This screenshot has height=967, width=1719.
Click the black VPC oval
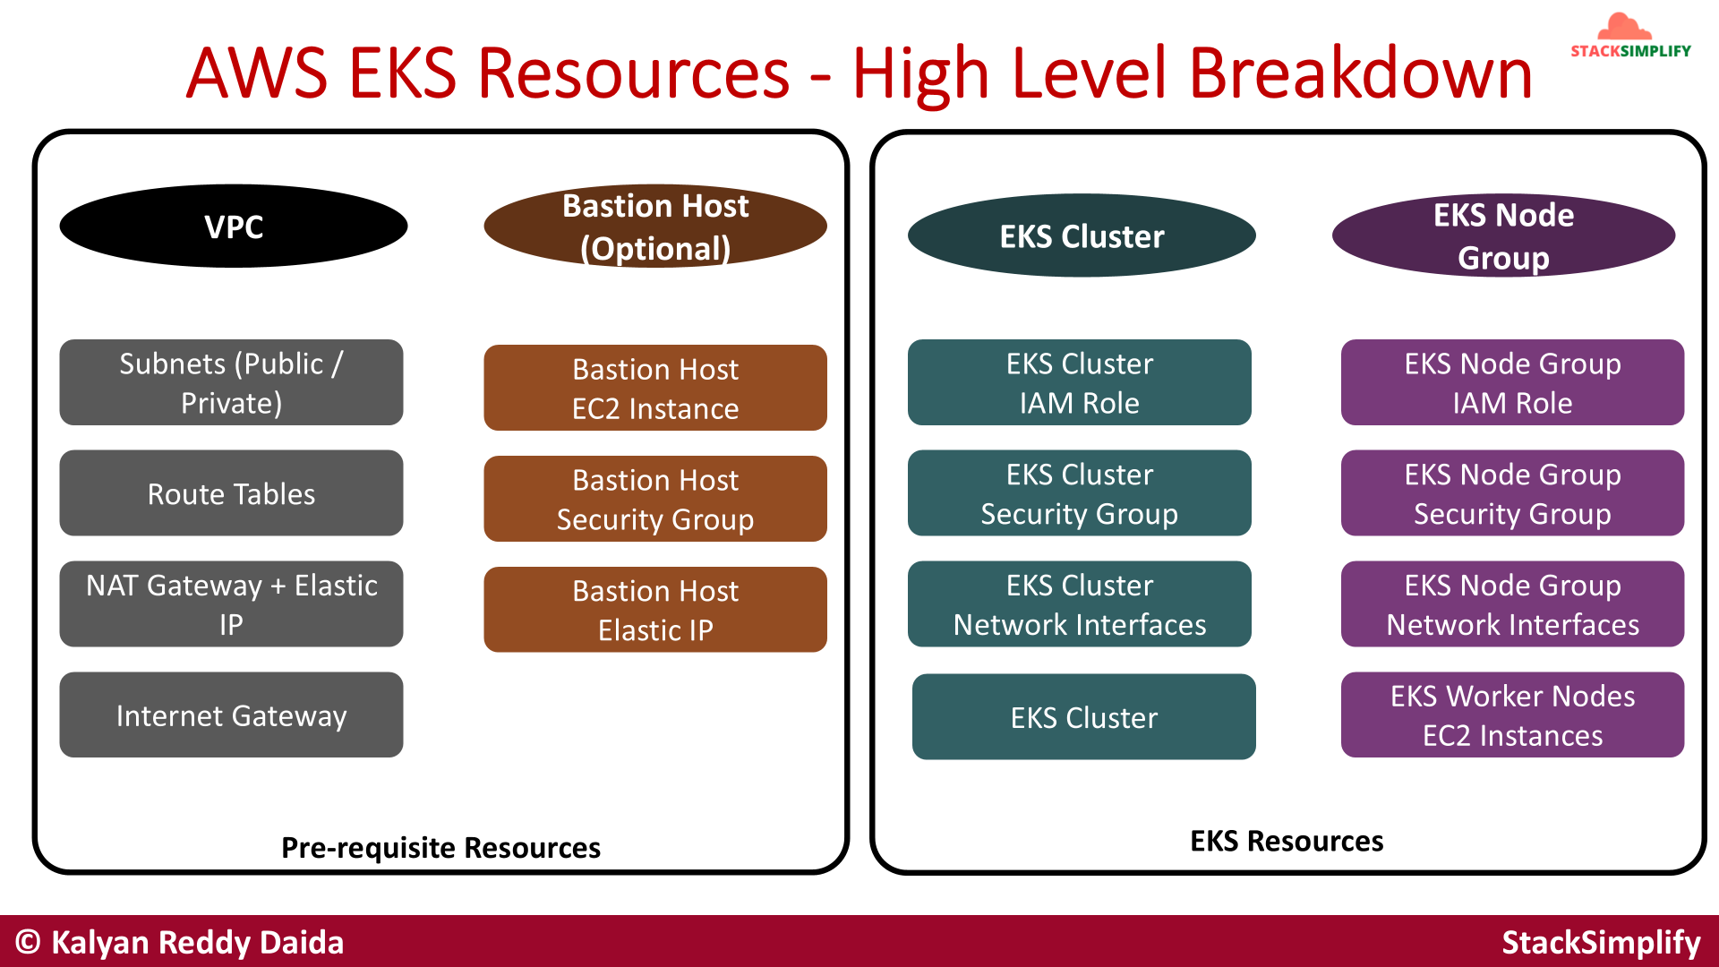[x=233, y=227]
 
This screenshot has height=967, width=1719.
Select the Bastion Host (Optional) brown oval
[x=655, y=227]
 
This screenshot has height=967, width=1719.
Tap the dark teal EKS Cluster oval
[x=1082, y=235]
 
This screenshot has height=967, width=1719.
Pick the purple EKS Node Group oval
[x=1503, y=235]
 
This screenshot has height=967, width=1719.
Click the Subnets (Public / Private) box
[x=231, y=382]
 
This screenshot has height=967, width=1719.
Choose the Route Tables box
[x=231, y=493]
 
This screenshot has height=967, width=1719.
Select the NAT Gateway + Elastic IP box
[x=231, y=604]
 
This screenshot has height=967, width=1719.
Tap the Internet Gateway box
[x=231, y=715]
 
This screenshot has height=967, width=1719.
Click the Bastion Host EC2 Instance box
[x=655, y=388]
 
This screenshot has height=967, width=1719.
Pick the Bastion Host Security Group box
[x=655, y=499]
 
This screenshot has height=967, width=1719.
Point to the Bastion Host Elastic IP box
[x=655, y=610]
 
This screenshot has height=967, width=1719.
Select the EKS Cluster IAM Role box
[x=1079, y=382]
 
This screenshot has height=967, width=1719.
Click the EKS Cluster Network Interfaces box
[x=1079, y=604]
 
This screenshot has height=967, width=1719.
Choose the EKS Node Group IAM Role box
[x=1512, y=382]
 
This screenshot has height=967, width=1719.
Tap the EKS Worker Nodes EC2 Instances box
[x=1512, y=715]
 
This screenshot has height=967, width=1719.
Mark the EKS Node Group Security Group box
[x=1512, y=493]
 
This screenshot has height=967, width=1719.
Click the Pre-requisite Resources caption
[x=440, y=847]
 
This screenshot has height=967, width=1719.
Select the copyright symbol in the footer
[x=28, y=942]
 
